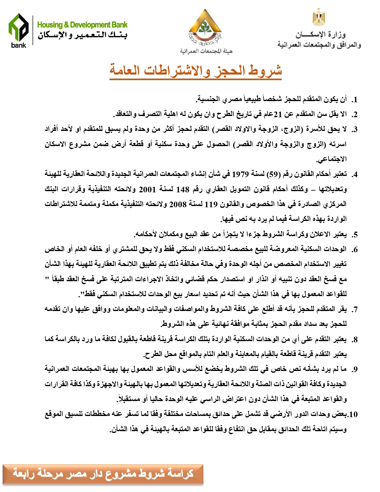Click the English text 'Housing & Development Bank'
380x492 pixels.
[x=82, y=25]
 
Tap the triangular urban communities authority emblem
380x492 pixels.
[x=205, y=28]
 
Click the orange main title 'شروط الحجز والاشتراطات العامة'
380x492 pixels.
[x=196, y=71]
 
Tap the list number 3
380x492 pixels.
[x=354, y=130]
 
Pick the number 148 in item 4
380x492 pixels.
[x=183, y=189]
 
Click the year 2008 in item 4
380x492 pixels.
[x=178, y=204]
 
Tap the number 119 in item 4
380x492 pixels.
[x=211, y=204]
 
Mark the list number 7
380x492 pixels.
[x=354, y=310]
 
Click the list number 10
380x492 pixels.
[x=353, y=414]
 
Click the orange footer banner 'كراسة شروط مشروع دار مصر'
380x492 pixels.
[x=103, y=474]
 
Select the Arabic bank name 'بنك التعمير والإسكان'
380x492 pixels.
[x=82, y=35]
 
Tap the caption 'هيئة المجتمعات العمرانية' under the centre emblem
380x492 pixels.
[x=206, y=51]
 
